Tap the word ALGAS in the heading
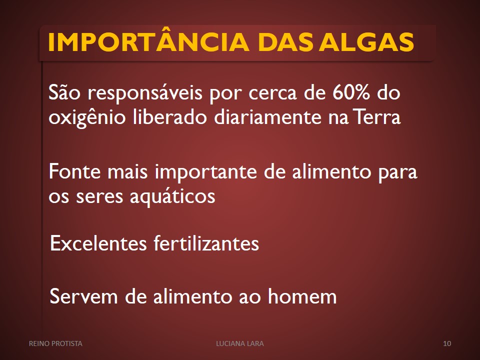pyautogui.click(x=366, y=41)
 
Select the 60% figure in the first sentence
pyautogui.click(x=351, y=93)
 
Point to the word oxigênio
pyautogui.click(x=87, y=117)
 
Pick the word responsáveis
pyautogui.click(x=145, y=93)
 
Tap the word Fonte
pyautogui.click(x=74, y=171)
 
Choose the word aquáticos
pyautogui.click(x=172, y=196)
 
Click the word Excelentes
pyautogui.click(x=98, y=243)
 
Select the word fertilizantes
pyautogui.click(x=206, y=243)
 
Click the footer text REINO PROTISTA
pyautogui.click(x=55, y=343)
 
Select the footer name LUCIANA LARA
pyautogui.click(x=240, y=343)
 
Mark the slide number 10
pyautogui.click(x=447, y=343)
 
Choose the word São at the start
pyautogui.click(x=64, y=92)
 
